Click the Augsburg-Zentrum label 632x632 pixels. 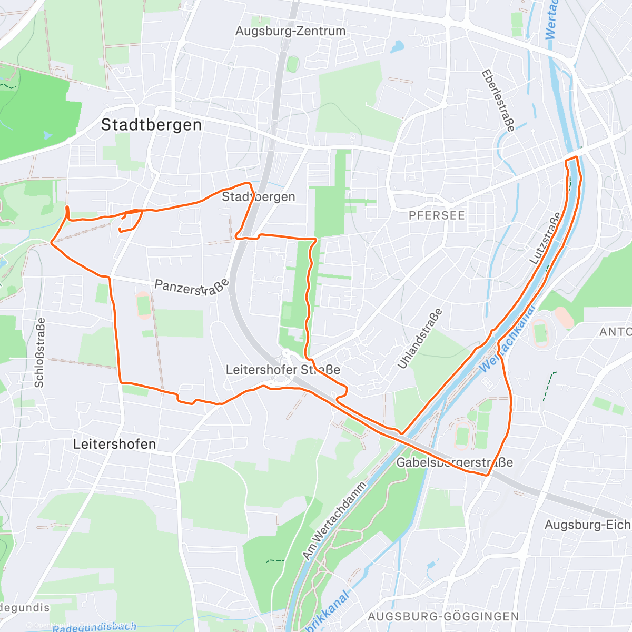[x=290, y=31]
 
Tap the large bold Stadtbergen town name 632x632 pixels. [x=151, y=125]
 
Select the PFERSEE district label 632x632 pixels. [x=437, y=215]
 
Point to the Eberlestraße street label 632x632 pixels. [x=498, y=101]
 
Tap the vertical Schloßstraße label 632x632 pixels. [x=39, y=352]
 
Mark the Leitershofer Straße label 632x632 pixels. [x=283, y=370]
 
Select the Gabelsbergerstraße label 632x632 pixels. [x=454, y=463]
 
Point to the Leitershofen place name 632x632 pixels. [x=114, y=444]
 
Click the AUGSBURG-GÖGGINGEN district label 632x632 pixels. [x=443, y=616]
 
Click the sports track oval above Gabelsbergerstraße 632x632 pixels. [x=462, y=434]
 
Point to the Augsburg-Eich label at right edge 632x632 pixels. [x=587, y=525]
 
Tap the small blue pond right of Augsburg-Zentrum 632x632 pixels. [x=397, y=47]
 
